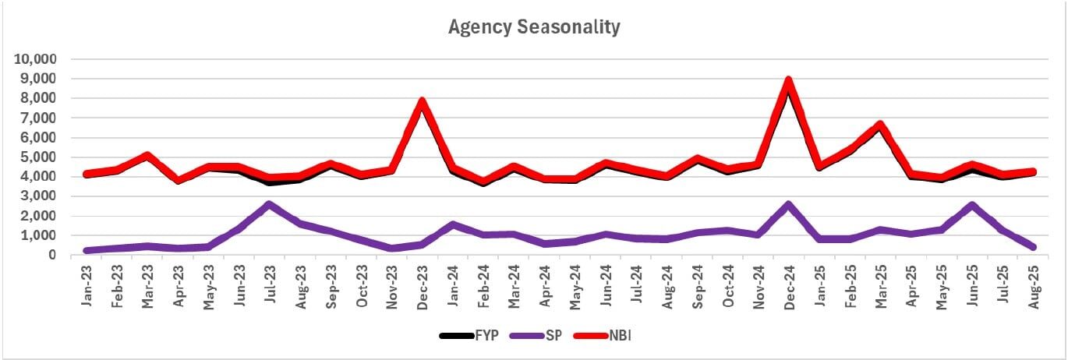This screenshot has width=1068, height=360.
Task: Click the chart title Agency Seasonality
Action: [534, 27]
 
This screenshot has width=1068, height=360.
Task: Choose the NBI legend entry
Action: [609, 336]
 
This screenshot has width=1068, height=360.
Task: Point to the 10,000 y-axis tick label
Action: [34, 59]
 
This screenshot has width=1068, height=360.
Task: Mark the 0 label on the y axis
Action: [51, 255]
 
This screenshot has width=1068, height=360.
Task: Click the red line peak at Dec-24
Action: [788, 80]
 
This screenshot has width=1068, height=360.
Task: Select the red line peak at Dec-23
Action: [422, 101]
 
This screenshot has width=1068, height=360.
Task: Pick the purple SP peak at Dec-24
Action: [788, 204]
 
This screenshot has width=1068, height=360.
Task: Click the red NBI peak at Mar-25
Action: [879, 125]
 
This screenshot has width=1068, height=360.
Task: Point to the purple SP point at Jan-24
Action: [452, 224]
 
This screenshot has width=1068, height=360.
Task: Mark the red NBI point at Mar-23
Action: [147, 156]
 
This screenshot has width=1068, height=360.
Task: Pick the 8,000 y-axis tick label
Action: [37, 98]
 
